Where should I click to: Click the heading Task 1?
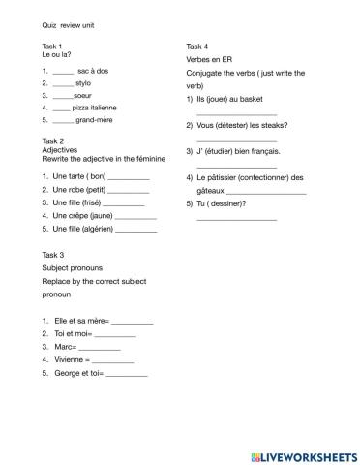point(53,46)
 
